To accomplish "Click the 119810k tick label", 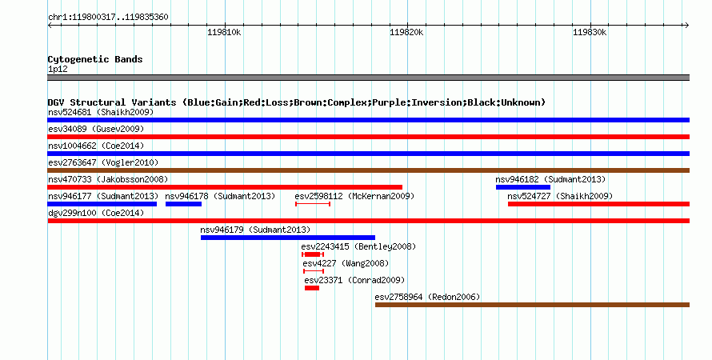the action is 224,32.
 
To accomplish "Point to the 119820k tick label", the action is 407,32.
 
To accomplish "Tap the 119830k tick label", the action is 590,32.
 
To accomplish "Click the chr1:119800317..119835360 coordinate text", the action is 108,18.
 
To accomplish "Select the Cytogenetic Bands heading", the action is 95,59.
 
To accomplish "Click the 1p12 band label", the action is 58,69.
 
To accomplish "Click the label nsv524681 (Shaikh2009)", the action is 101,112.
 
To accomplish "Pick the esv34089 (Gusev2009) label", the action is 96,129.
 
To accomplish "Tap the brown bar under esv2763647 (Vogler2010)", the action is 368,170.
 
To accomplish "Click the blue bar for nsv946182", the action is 523,187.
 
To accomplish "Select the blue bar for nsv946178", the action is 183,204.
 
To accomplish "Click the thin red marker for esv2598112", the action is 313,204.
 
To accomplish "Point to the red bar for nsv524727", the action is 598,204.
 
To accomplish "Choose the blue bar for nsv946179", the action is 288,238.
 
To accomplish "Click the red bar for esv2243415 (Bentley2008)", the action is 313,254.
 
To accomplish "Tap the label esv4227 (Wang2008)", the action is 346,263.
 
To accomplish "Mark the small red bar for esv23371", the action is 312,288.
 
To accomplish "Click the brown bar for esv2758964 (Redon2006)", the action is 532,305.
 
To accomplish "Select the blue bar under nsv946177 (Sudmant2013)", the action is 102,204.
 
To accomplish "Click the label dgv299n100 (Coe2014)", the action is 96,213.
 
